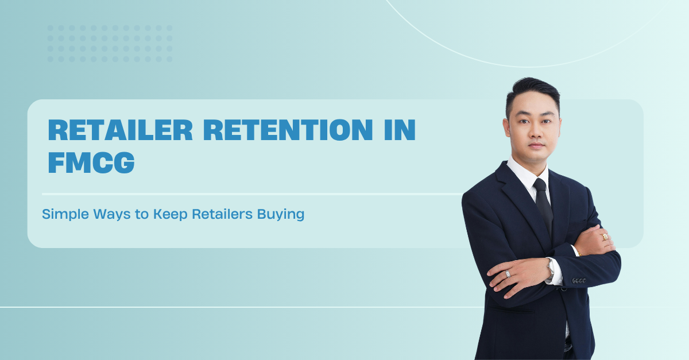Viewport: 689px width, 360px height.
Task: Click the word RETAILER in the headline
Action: (120, 130)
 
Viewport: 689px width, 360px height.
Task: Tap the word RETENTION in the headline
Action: (288, 130)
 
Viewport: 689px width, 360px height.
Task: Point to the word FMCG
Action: (91, 162)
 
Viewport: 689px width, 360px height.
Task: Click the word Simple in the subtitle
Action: (65, 214)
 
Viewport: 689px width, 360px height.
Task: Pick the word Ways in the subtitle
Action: (112, 215)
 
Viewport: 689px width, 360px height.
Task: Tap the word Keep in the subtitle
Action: (171, 215)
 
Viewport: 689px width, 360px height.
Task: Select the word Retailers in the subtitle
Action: (222, 214)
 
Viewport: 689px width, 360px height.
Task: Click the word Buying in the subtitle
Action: (281, 215)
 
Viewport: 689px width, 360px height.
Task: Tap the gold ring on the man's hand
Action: (605, 237)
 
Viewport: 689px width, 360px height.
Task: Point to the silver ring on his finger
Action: (508, 273)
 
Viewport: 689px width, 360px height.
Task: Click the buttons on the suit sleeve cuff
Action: (579, 281)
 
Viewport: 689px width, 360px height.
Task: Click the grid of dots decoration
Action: (110, 44)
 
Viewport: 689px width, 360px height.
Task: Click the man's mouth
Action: (536, 145)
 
